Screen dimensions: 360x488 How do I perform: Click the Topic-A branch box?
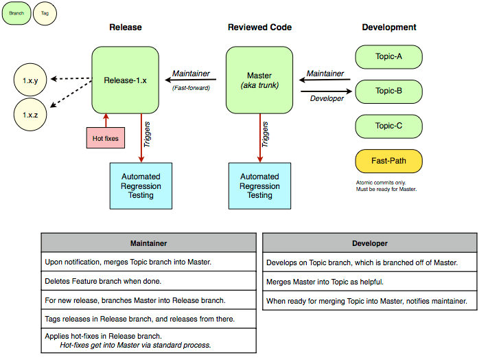pyautogui.click(x=388, y=56)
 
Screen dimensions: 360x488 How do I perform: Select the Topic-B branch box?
pyautogui.click(x=388, y=91)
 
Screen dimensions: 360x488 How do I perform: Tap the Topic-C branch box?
pyautogui.click(x=388, y=126)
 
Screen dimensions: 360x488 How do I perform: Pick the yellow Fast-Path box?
pyautogui.click(x=388, y=161)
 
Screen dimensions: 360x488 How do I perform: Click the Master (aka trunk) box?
pyautogui.click(x=259, y=80)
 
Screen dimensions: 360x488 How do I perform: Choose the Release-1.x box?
pyautogui.click(x=125, y=80)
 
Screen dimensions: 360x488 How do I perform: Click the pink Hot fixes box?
pyautogui.click(x=106, y=138)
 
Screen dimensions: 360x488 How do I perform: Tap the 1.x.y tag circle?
pyautogui.click(x=30, y=81)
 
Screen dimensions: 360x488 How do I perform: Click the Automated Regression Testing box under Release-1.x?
pyautogui.click(x=141, y=185)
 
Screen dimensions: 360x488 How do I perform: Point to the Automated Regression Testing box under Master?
pyautogui.click(x=259, y=185)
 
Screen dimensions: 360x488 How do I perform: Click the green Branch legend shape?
pyautogui.click(x=16, y=14)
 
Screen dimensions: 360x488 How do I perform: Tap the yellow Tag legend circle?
pyautogui.click(x=45, y=14)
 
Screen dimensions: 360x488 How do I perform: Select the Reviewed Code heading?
pyautogui.click(x=259, y=27)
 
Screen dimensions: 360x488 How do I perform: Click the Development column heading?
pyautogui.click(x=388, y=27)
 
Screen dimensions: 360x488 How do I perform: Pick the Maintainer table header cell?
pyautogui.click(x=148, y=243)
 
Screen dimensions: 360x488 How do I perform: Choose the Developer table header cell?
pyautogui.click(x=369, y=243)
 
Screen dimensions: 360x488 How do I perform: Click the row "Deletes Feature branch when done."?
pyautogui.click(x=148, y=281)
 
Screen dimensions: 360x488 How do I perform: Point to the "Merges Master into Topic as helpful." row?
pyautogui.click(x=369, y=282)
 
